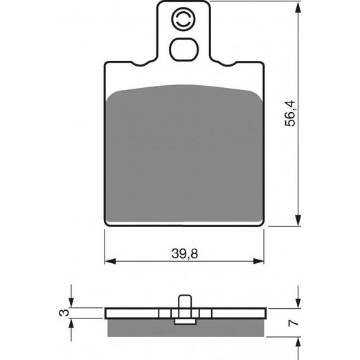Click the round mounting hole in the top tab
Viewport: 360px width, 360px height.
(184, 21)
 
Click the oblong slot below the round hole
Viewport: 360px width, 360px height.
(184, 50)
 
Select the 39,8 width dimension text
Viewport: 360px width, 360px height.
(184, 254)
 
